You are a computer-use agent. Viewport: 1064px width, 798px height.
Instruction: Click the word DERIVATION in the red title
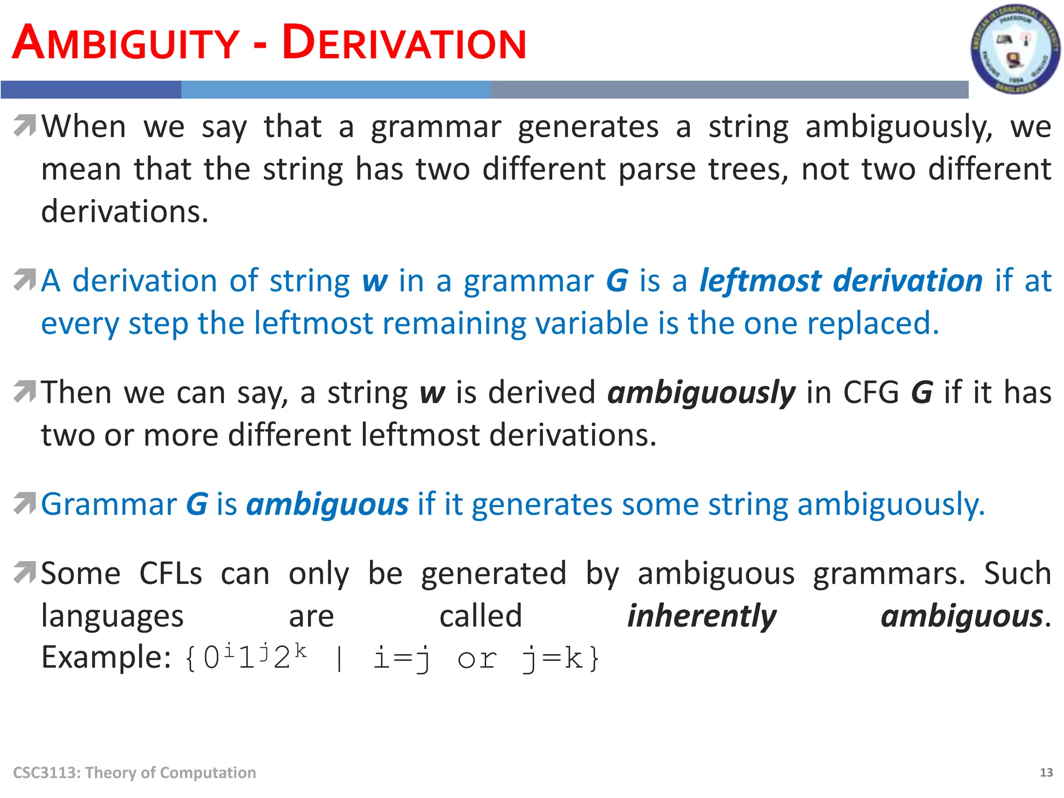404,44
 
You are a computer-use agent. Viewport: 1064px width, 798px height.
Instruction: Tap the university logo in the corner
1015,50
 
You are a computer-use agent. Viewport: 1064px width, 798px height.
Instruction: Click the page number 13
1046,773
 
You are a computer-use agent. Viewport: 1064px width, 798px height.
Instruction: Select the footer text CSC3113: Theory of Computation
135,773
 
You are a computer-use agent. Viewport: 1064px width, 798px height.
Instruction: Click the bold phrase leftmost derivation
841,281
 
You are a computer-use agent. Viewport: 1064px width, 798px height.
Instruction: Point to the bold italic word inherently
701,617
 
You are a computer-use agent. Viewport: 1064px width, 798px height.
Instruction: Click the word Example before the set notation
106,657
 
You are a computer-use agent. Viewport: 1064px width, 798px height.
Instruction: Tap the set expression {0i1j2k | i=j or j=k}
393,658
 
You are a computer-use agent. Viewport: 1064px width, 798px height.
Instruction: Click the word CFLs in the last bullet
170,574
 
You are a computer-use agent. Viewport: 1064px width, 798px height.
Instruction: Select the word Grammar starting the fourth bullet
109,505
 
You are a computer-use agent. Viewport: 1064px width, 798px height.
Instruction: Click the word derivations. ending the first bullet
125,212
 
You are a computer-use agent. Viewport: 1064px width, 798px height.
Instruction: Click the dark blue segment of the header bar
91,90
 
